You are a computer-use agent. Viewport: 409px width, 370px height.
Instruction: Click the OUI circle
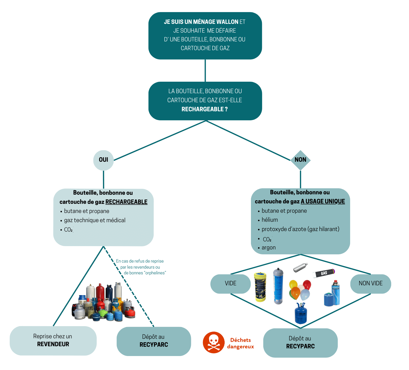click(103, 160)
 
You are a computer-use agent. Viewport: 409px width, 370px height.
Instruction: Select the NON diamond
click(301, 160)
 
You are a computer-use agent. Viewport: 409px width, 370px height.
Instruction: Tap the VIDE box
click(230, 283)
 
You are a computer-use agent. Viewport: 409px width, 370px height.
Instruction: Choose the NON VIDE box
click(371, 283)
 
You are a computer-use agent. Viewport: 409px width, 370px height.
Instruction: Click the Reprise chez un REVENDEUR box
click(53, 340)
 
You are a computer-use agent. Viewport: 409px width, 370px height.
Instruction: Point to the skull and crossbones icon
click(214, 342)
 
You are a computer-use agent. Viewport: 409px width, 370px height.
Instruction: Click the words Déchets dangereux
click(241, 343)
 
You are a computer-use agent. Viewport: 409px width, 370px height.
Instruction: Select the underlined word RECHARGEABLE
click(126, 202)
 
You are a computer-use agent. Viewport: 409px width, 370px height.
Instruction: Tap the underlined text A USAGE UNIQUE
click(323, 201)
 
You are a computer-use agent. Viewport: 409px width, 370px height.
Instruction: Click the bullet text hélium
click(270, 220)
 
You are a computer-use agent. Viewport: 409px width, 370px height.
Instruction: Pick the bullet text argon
click(268, 247)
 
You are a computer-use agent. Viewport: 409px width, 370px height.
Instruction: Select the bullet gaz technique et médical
click(95, 220)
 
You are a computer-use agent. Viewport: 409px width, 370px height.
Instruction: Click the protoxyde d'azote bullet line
click(300, 229)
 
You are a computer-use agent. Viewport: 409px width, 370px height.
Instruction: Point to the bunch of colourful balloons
click(299, 290)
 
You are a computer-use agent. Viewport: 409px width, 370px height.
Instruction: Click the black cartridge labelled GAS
click(324, 273)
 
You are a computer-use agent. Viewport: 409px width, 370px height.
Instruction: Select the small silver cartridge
click(300, 267)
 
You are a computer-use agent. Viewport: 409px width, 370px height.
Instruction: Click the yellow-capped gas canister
click(260, 287)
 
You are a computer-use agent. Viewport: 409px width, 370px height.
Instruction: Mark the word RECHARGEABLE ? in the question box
click(205, 109)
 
